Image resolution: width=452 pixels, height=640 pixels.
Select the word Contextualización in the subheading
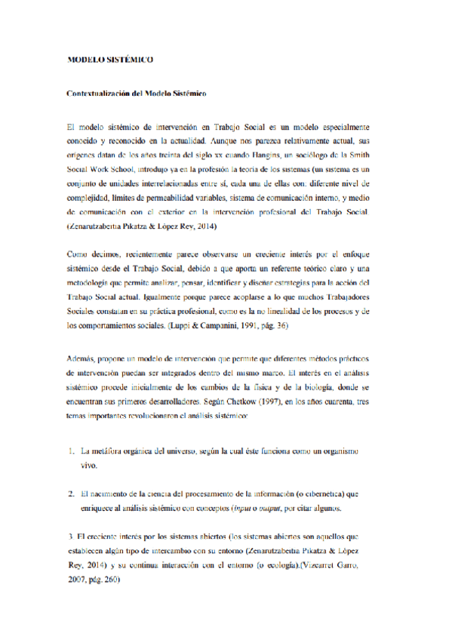97,93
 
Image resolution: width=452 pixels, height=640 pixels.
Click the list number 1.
69,451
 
